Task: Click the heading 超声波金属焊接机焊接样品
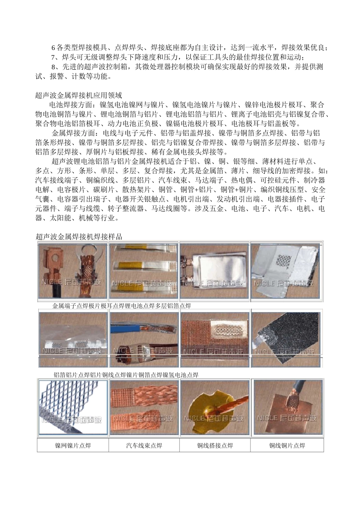point(79,237)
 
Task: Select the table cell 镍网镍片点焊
point(73,445)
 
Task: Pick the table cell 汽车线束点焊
point(144,445)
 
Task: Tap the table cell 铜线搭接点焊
point(215,445)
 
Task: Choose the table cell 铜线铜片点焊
point(287,445)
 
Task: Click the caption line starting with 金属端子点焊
point(121,306)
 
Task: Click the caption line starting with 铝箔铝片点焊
point(126,375)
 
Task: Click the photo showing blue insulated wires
point(144,339)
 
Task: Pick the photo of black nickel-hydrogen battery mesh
point(286,339)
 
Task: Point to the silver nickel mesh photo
point(73,407)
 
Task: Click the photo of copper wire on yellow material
point(214,407)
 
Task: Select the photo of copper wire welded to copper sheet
point(286,407)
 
